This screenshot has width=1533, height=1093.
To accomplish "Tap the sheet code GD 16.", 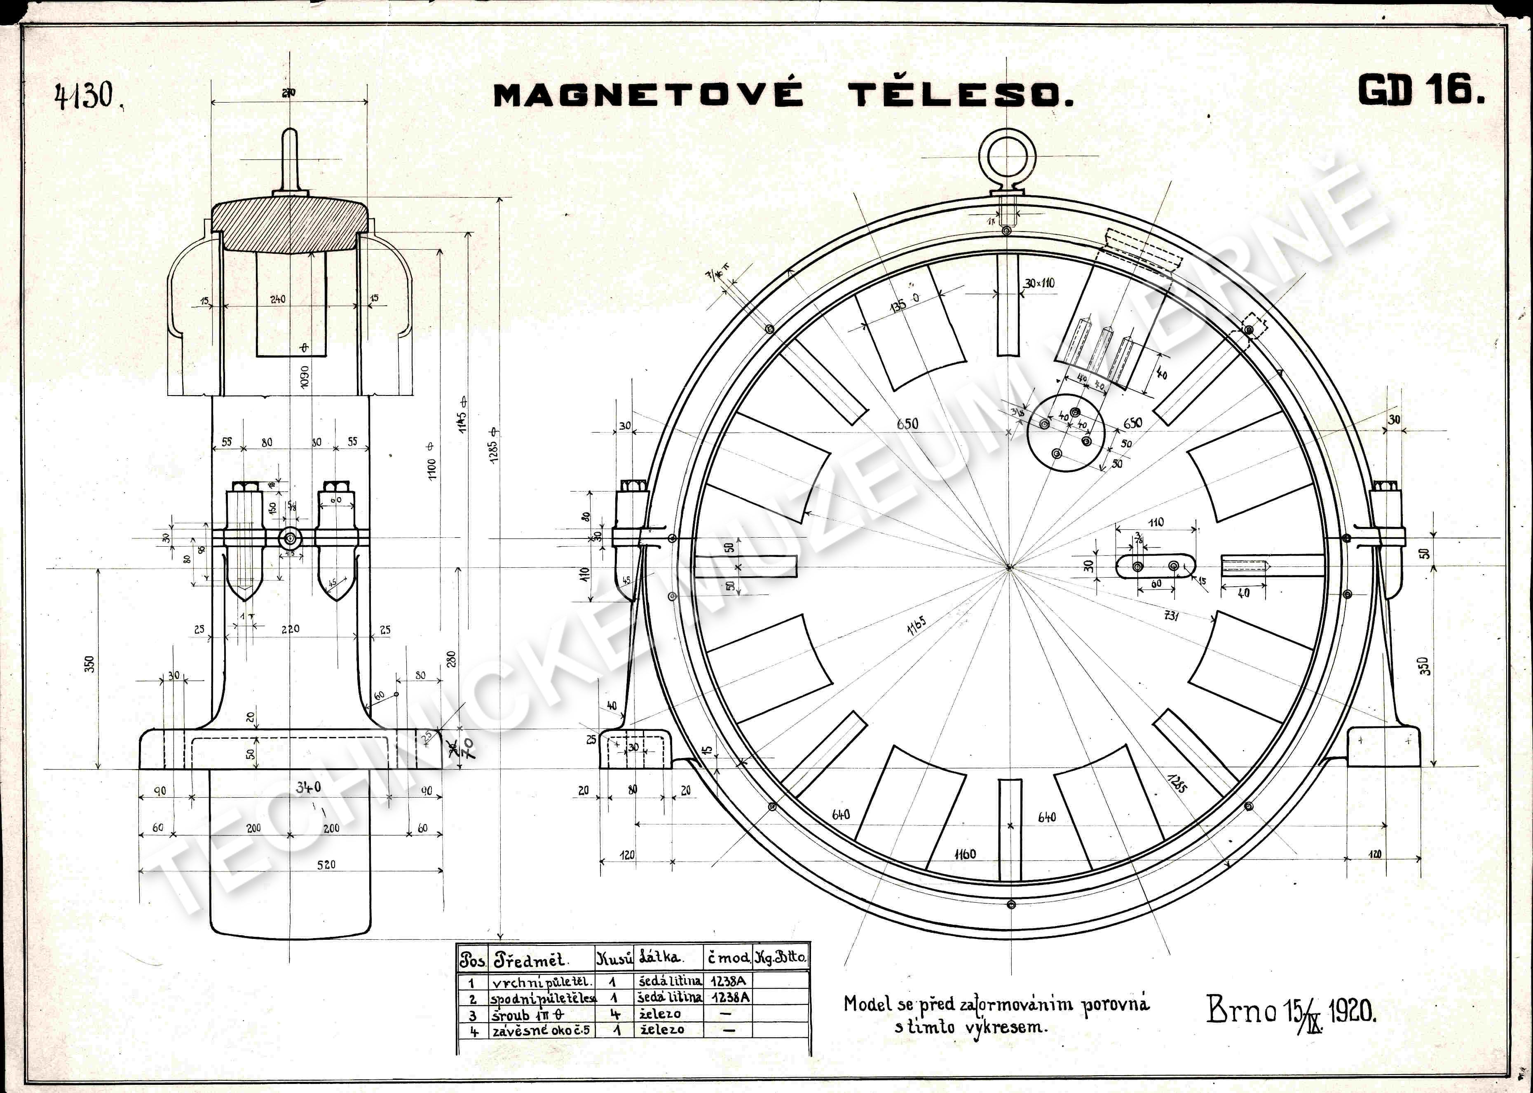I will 1420,90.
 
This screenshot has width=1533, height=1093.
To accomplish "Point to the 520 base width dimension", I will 326,864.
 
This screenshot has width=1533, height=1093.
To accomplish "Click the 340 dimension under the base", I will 308,787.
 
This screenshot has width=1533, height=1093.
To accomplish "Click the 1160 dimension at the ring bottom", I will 965,854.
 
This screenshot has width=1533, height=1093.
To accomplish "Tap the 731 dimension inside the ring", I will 1172,615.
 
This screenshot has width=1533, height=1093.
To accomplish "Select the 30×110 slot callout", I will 1039,283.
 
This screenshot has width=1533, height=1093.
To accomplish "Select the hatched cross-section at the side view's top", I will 290,225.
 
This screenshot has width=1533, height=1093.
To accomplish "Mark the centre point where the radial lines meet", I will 1008,567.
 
